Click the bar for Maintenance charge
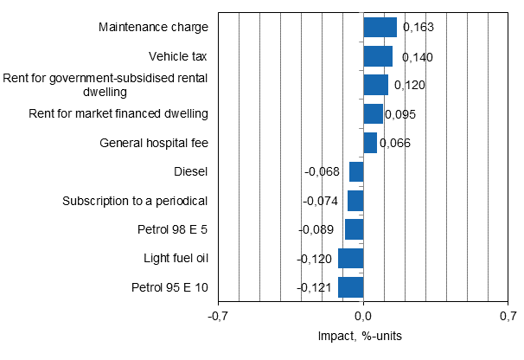380,28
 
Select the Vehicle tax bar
378,56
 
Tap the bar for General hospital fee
370,143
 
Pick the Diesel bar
356,171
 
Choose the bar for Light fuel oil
351,258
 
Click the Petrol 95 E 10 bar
351,287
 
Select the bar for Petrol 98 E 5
354,229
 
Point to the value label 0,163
417,28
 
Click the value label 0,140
412,57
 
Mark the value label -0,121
316,287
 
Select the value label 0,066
394,143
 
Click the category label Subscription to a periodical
135,201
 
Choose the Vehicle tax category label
178,56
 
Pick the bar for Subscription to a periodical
355,201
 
